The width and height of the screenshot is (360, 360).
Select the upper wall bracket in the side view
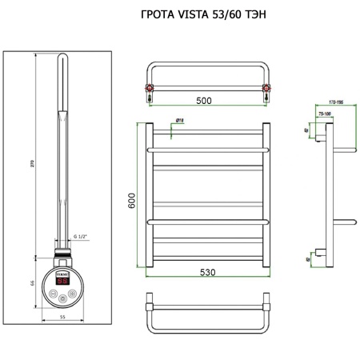(x=319, y=139)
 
